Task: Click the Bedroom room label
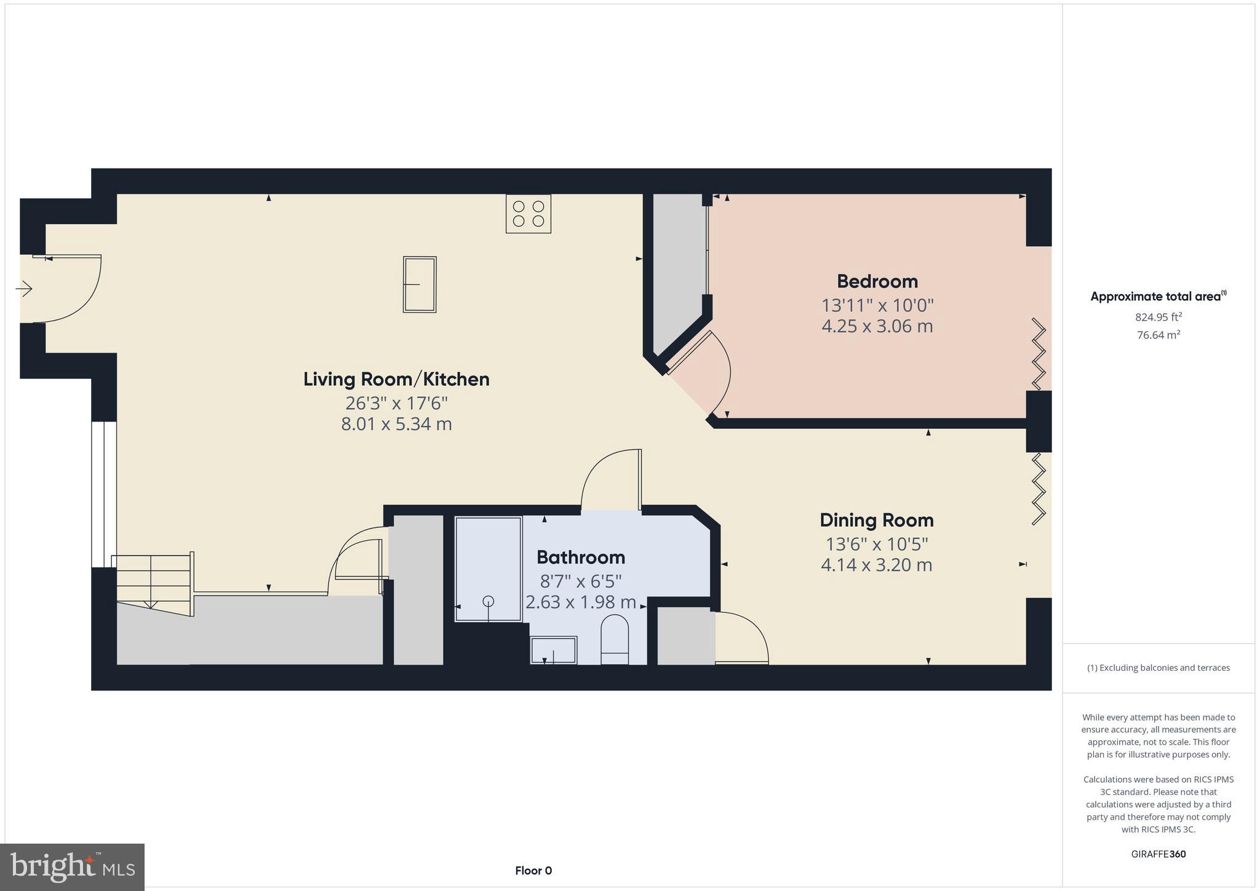click(x=877, y=281)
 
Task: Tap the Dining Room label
click(x=877, y=521)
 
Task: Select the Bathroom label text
click(x=581, y=557)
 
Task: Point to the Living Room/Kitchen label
click(x=396, y=379)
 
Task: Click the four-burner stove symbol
click(x=528, y=214)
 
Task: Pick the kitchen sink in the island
click(x=420, y=284)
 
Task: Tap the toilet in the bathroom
click(x=615, y=639)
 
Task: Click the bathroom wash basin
click(x=554, y=650)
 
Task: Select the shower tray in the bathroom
click(x=488, y=569)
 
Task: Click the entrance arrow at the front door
click(x=24, y=288)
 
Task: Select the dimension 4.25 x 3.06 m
click(x=877, y=326)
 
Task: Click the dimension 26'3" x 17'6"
click(x=396, y=404)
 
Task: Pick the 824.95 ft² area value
click(x=1158, y=318)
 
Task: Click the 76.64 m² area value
click(x=1158, y=335)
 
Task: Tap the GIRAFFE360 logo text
click(x=1158, y=854)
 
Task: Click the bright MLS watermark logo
click(x=73, y=867)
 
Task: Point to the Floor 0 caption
click(x=533, y=871)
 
